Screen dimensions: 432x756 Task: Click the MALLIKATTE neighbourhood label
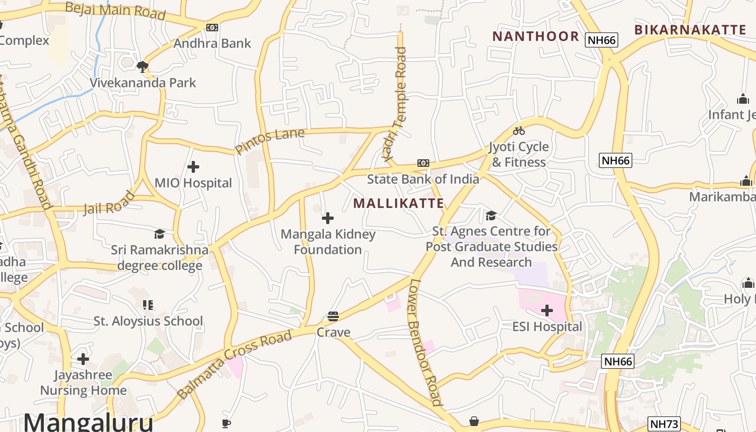pyautogui.click(x=399, y=204)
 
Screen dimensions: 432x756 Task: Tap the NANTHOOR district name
pyautogui.click(x=535, y=36)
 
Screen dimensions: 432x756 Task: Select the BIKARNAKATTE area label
pyautogui.click(x=690, y=30)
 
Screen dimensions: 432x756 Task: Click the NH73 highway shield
pyautogui.click(x=664, y=424)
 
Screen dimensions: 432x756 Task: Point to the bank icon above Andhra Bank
pyautogui.click(x=212, y=27)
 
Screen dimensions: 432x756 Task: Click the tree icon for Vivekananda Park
pyautogui.click(x=143, y=67)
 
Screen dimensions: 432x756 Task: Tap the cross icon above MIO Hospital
pyautogui.click(x=193, y=167)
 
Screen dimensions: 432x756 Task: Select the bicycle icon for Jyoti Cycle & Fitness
pyautogui.click(x=519, y=131)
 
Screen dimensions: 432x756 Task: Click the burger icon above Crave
pyautogui.click(x=333, y=316)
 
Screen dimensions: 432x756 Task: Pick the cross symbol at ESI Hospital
pyautogui.click(x=547, y=310)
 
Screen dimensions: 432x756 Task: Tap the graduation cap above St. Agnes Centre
pyautogui.click(x=491, y=216)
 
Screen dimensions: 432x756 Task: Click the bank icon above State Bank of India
pyautogui.click(x=423, y=163)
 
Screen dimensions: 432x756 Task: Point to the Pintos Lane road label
pyautogui.click(x=270, y=141)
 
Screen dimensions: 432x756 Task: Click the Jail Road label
pyautogui.click(x=109, y=203)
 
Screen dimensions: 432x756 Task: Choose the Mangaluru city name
pyautogui.click(x=88, y=422)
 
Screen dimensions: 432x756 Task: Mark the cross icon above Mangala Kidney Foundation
pyautogui.click(x=328, y=218)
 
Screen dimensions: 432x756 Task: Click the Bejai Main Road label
pyautogui.click(x=115, y=11)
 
